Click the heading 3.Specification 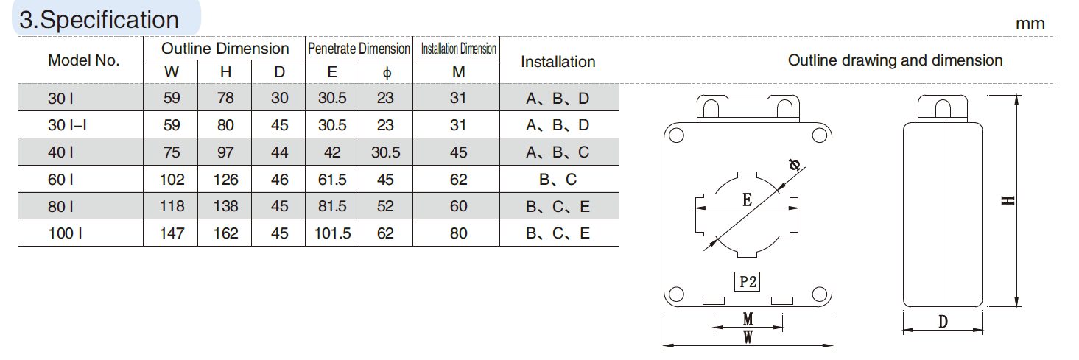pyautogui.click(x=99, y=19)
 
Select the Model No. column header pyautogui.click(x=83, y=61)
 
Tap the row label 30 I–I pyautogui.click(x=68, y=125)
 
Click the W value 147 pyautogui.click(x=172, y=233)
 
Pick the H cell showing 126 pyautogui.click(x=225, y=180)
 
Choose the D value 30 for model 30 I pyautogui.click(x=279, y=99)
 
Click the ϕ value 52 pyautogui.click(x=385, y=206)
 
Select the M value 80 pyautogui.click(x=458, y=233)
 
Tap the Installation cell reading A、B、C pyautogui.click(x=558, y=152)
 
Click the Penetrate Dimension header pyautogui.click(x=359, y=49)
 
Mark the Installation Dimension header pyautogui.click(x=458, y=49)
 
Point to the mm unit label pyautogui.click(x=1030, y=24)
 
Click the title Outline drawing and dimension pyautogui.click(x=895, y=60)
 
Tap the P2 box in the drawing pyautogui.click(x=748, y=281)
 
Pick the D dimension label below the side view pyautogui.click(x=943, y=322)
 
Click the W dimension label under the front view pyautogui.click(x=748, y=337)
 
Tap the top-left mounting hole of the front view pyautogui.click(x=677, y=135)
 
